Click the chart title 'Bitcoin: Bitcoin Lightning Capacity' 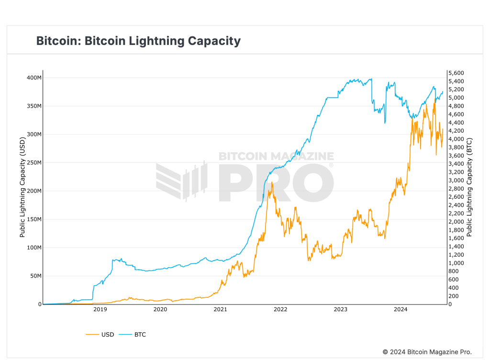click(138, 41)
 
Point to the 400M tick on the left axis click(33, 78)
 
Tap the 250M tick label click(33, 163)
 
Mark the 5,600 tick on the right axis click(456, 73)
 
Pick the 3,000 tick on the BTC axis click(456, 180)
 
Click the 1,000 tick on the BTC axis click(456, 263)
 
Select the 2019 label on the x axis click(100, 310)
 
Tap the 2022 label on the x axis click(280, 310)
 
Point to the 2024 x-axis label click(401, 310)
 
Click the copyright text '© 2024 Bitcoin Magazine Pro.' click(427, 352)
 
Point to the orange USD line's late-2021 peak click(272, 182)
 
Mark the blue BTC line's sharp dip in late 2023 click(385, 123)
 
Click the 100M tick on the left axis click(33, 247)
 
